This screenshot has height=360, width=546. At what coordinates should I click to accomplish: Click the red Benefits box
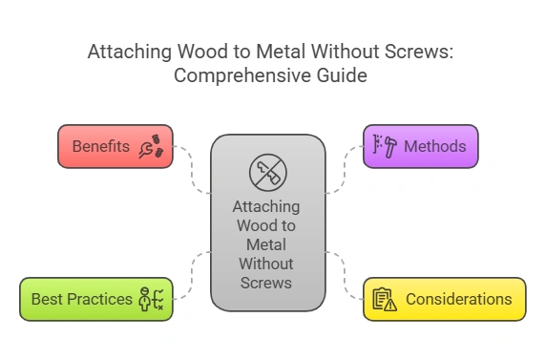pyautogui.click(x=115, y=146)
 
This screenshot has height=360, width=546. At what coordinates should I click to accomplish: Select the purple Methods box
pyautogui.click(x=420, y=146)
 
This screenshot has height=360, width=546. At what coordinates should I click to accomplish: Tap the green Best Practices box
pyautogui.click(x=95, y=299)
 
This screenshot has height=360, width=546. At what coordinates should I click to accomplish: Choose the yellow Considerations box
pyautogui.click(x=444, y=299)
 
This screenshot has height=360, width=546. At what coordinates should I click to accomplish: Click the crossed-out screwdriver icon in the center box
pyautogui.click(x=266, y=172)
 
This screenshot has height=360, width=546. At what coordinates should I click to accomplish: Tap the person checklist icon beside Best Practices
pyautogui.click(x=152, y=299)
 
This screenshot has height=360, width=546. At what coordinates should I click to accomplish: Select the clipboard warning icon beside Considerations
pyautogui.click(x=385, y=299)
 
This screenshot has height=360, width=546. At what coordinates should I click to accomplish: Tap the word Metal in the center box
pyautogui.click(x=266, y=244)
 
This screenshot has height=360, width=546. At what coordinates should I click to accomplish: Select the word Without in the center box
pyautogui.click(x=266, y=263)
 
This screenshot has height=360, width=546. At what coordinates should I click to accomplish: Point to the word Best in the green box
pyautogui.click(x=46, y=299)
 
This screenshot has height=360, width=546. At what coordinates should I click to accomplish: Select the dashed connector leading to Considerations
pyautogui.click(x=344, y=272)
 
